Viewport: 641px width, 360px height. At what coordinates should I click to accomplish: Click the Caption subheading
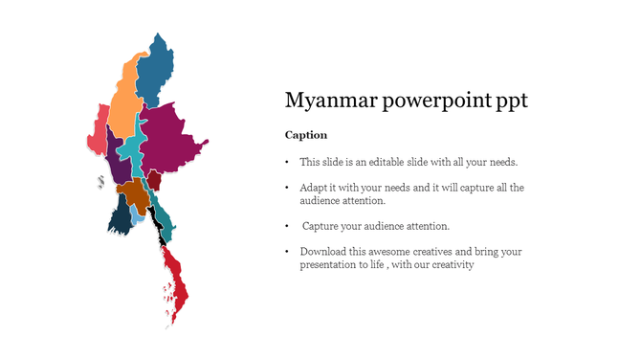click(306, 135)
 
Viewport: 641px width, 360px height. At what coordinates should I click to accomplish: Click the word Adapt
click(314, 188)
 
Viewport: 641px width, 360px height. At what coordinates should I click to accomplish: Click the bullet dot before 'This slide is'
click(288, 163)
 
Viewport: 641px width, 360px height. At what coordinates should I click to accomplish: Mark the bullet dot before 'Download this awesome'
click(288, 252)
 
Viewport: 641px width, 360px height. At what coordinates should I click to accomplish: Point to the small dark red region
click(153, 179)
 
